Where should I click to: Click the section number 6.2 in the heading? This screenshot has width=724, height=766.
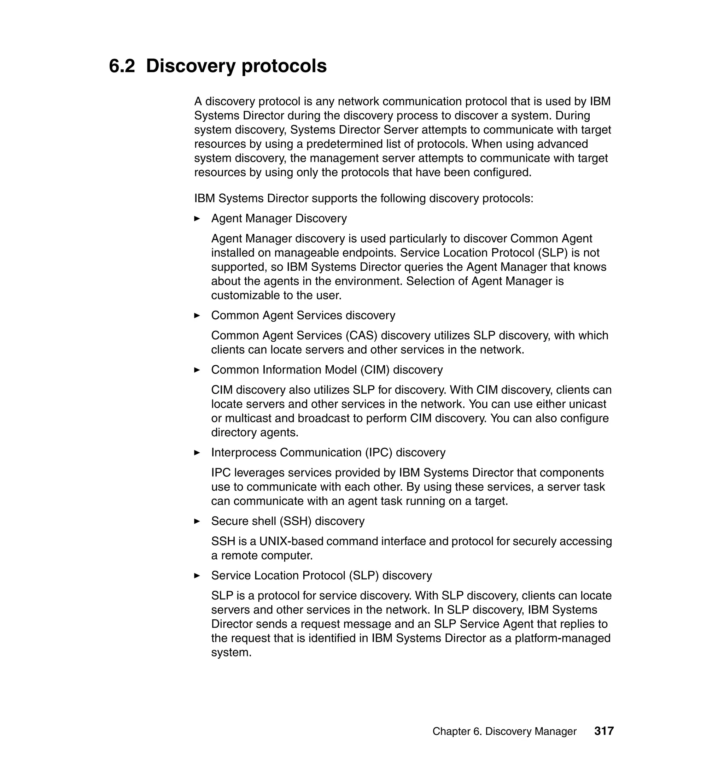pos(122,66)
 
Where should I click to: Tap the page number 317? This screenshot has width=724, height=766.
pos(604,731)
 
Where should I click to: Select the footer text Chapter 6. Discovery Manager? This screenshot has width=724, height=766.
pos(504,731)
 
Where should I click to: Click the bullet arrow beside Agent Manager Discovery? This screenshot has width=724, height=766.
pos(197,219)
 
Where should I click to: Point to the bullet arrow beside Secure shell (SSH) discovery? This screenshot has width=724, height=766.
pos(197,522)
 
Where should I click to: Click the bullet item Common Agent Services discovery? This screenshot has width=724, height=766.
pos(303,316)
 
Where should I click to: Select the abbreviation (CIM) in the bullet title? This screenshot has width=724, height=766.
pos(375,370)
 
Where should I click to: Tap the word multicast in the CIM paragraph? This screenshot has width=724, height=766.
pos(249,418)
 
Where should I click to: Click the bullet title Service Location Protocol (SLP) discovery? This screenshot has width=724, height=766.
pos(321,576)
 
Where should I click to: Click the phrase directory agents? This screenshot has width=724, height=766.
pos(255,433)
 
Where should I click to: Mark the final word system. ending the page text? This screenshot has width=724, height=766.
pos(231,653)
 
